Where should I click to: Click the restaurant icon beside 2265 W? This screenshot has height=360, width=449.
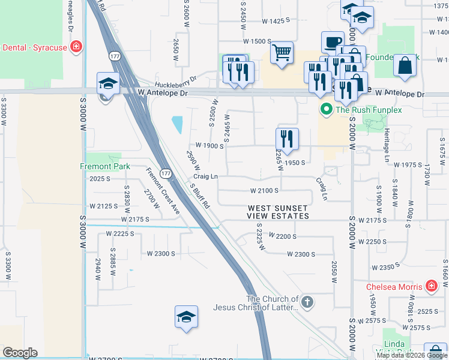288,139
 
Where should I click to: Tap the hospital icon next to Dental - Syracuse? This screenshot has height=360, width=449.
76,47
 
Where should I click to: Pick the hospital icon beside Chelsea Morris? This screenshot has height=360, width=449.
431,286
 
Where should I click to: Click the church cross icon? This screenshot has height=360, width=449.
307,302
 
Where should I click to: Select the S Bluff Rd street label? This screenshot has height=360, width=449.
200,196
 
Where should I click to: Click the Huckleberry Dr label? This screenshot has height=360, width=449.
175,82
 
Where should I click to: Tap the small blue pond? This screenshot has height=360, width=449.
178,125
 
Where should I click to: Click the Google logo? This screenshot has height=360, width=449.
20,353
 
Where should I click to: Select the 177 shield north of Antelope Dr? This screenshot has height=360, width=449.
115,56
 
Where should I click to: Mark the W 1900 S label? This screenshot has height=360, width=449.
209,146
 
